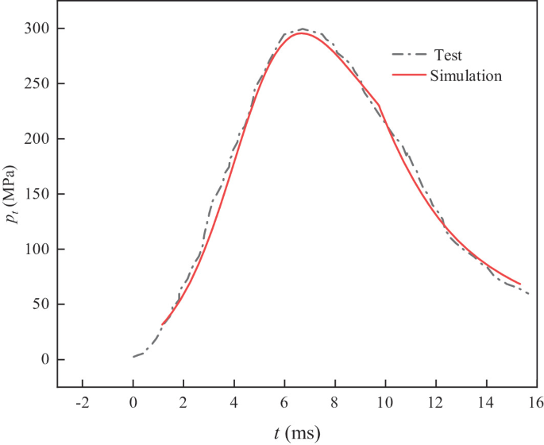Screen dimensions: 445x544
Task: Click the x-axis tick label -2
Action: pos(82,403)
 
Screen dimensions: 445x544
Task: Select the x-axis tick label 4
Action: pos(233,403)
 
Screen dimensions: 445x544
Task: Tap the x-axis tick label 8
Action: pos(334,403)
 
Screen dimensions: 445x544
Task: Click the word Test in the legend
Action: pos(448,56)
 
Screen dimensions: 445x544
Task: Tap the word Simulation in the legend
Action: pos(465,76)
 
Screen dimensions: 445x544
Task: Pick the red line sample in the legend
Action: pos(408,76)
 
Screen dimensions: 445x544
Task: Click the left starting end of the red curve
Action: pos(162,324)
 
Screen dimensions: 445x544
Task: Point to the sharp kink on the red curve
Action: pos(380,104)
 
